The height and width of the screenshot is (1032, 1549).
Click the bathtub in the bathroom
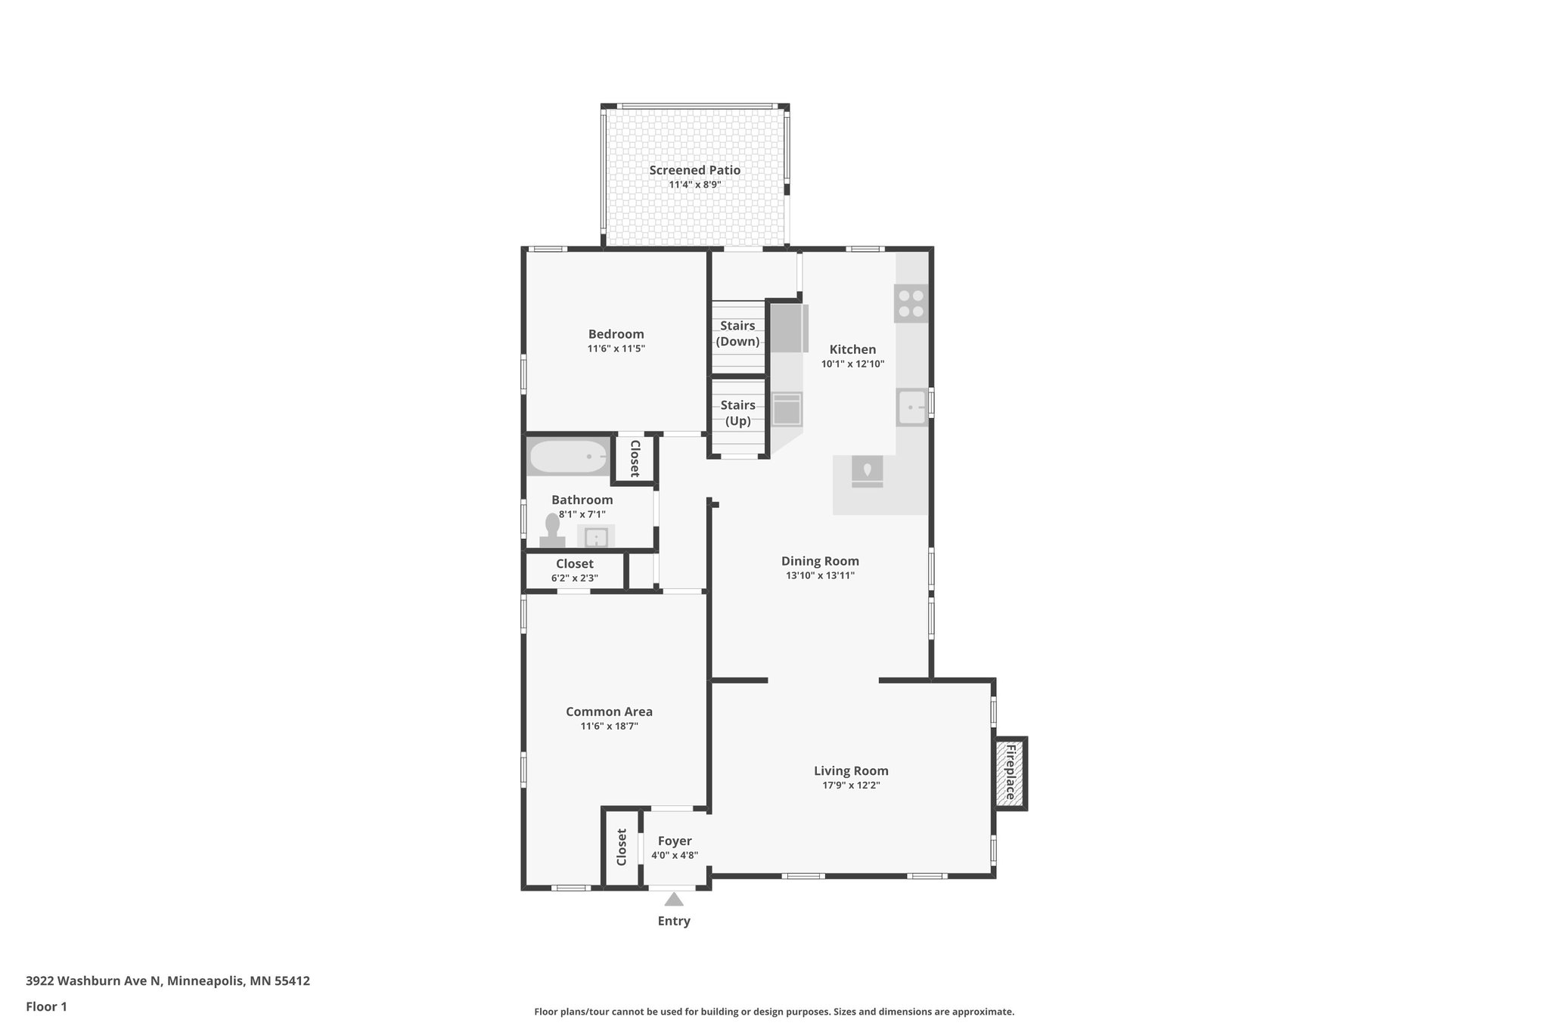coord(568,457)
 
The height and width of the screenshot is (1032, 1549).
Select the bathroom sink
coord(596,537)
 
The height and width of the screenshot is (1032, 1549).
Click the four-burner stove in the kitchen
coord(911,303)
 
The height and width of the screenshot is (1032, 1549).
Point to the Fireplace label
coord(1010,773)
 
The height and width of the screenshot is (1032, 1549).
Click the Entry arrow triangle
coord(674,899)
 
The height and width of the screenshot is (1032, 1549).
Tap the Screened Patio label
coord(694,170)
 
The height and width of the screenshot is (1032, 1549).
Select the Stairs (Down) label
coord(737,333)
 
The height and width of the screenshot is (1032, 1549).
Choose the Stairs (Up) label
coord(737,413)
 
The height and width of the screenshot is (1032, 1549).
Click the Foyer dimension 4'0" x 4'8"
coord(675,856)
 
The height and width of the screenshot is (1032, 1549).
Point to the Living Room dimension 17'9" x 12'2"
coord(851,786)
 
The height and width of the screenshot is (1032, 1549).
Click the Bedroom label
coord(616,334)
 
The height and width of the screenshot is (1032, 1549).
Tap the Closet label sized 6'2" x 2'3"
coord(574,564)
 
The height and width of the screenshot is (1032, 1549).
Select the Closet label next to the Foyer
coord(622,847)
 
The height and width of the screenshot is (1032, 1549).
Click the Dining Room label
coord(820,561)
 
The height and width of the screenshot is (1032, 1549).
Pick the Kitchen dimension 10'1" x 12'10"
coord(852,364)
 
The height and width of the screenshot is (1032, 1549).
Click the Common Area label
coord(609,711)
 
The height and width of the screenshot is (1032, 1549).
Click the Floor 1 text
coord(46,1006)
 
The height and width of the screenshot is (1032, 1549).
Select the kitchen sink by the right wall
coord(912,407)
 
